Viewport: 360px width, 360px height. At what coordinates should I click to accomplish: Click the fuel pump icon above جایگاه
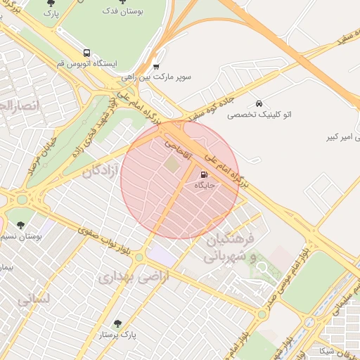point(204,174)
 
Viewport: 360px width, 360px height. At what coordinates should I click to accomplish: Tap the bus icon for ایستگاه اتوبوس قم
point(86,53)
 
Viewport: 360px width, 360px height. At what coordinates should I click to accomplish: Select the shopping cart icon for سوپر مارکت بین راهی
point(156,67)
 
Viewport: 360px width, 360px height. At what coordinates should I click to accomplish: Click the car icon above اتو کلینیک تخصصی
point(259,103)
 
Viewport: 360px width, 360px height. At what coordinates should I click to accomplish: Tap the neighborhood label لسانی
point(33,300)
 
